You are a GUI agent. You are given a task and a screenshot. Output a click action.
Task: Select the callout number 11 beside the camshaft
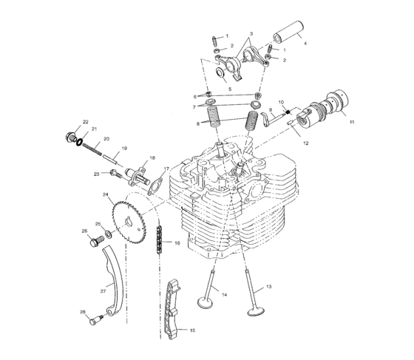point(352,121)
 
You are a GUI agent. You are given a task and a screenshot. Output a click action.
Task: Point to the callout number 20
point(106,138)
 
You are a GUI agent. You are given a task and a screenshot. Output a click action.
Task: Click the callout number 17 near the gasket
point(166,169)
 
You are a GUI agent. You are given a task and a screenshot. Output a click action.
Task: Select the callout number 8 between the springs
point(198,123)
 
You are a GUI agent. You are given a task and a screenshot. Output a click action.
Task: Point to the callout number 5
point(230,89)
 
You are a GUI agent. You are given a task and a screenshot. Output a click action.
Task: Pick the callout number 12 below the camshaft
point(305,141)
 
